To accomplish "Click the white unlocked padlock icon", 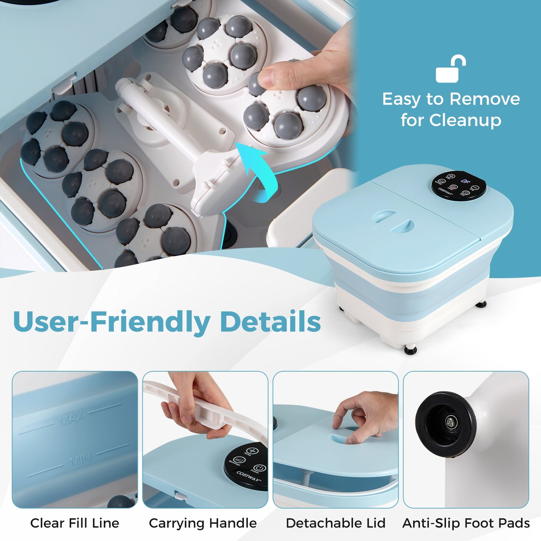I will pyautogui.click(x=450, y=70).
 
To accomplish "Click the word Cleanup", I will pyautogui.click(x=465, y=120).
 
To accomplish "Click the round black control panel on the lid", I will pyautogui.click(x=459, y=186).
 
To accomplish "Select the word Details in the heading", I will pyautogui.click(x=270, y=322).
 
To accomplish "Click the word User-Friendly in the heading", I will pyautogui.click(x=112, y=322).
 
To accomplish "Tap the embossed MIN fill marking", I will pyautogui.click(x=80, y=460).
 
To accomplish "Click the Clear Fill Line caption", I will pyautogui.click(x=75, y=523).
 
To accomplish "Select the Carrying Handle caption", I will pyautogui.click(x=203, y=523).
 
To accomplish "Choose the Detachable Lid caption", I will pyautogui.click(x=335, y=523).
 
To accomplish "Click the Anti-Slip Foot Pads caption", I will pyautogui.click(x=466, y=523).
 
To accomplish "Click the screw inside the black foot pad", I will pyautogui.click(x=450, y=423).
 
